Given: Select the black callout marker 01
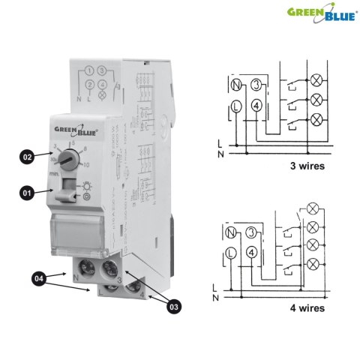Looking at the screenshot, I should click(x=27, y=193).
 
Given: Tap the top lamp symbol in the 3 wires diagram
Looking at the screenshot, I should click(x=315, y=79).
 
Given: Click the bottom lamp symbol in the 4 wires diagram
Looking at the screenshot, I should click(x=314, y=263).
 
